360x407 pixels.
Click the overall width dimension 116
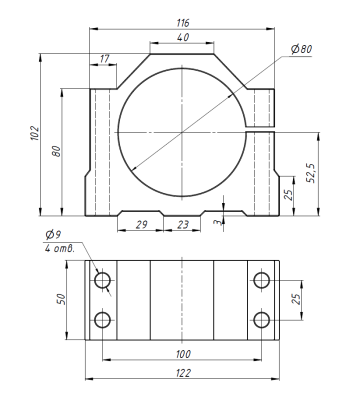click(x=183, y=23)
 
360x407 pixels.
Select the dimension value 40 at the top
click(x=183, y=37)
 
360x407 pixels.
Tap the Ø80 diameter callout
click(x=301, y=49)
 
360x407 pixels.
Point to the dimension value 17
click(x=104, y=59)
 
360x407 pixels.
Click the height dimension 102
click(x=35, y=133)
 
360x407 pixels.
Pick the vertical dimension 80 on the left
click(x=56, y=152)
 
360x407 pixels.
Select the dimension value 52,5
click(x=311, y=173)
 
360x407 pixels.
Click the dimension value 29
click(x=141, y=225)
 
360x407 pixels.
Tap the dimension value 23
click(x=183, y=225)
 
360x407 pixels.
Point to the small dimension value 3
click(x=218, y=222)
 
